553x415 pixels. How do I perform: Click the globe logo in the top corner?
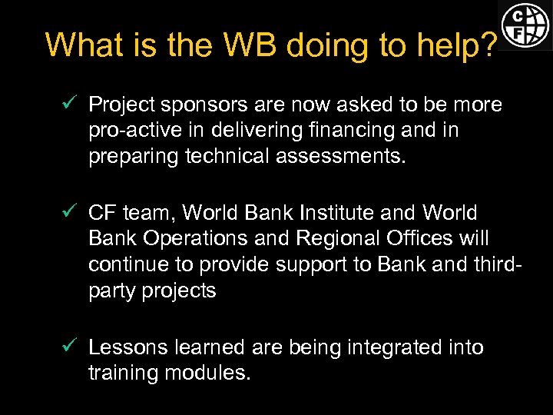click(x=525, y=25)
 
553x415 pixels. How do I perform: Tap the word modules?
click(x=207, y=374)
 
